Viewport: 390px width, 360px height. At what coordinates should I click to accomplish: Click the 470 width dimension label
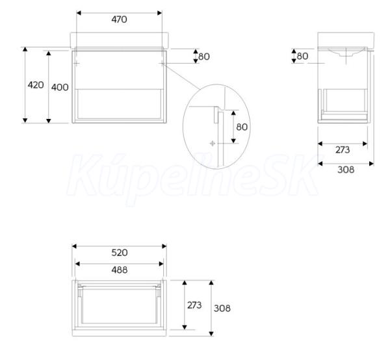(x=119, y=19)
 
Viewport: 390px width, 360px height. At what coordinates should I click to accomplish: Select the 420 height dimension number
(x=36, y=85)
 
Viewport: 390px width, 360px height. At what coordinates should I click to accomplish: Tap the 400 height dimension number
(x=60, y=87)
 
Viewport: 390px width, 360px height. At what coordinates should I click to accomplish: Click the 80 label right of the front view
(x=204, y=57)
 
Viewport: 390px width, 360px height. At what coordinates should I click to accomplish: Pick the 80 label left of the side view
(x=302, y=56)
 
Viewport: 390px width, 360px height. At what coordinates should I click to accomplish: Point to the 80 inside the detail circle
(x=242, y=127)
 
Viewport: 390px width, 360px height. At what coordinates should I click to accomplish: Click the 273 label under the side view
(x=343, y=150)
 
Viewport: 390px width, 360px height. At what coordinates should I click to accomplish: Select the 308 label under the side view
(x=346, y=170)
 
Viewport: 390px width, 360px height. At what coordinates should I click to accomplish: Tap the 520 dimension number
(x=120, y=253)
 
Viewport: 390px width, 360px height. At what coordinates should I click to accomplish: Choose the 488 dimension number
(x=120, y=270)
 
